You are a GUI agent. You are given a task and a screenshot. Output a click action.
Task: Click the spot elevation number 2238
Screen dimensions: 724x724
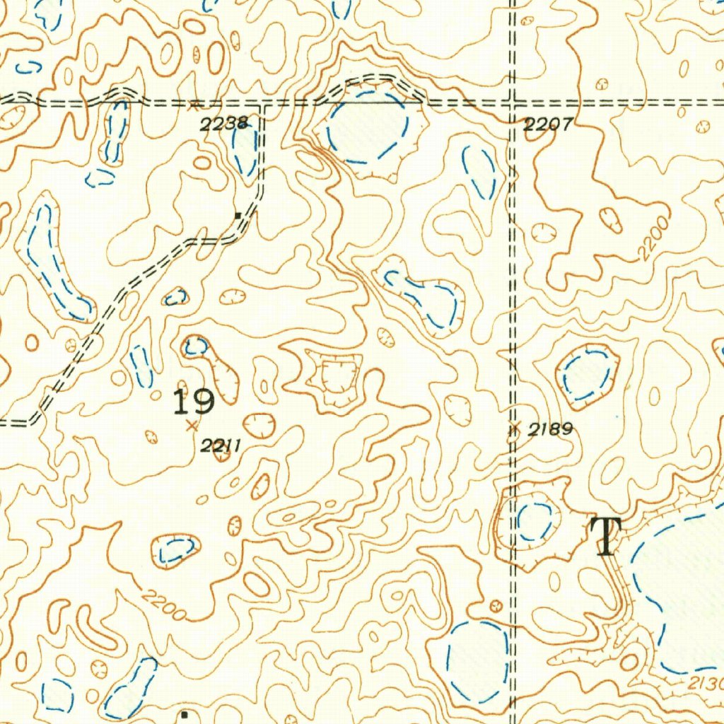pyautogui.click(x=223, y=125)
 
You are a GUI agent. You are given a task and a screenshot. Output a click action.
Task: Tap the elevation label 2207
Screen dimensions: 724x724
pyautogui.click(x=547, y=126)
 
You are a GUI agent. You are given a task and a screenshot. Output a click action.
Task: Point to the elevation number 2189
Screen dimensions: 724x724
pyautogui.click(x=550, y=429)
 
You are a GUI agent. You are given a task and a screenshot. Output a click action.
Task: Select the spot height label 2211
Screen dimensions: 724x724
pyautogui.click(x=221, y=445)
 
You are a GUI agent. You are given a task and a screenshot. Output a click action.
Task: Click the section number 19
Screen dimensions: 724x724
pyautogui.click(x=194, y=402)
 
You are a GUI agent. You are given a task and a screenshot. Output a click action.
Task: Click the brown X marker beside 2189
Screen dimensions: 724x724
pyautogui.click(x=515, y=427)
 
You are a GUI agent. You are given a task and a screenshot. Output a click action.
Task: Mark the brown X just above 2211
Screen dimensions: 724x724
pyautogui.click(x=191, y=426)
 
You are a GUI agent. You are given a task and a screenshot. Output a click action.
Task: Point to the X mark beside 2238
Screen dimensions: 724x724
pyautogui.click(x=193, y=106)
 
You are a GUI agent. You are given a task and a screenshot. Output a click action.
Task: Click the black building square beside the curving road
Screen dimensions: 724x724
pyautogui.click(x=238, y=214)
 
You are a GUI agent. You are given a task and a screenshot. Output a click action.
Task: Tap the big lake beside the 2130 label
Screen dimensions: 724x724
pyautogui.click(x=682, y=594)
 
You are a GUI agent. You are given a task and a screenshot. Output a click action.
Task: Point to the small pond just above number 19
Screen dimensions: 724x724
pyautogui.click(x=196, y=346)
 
